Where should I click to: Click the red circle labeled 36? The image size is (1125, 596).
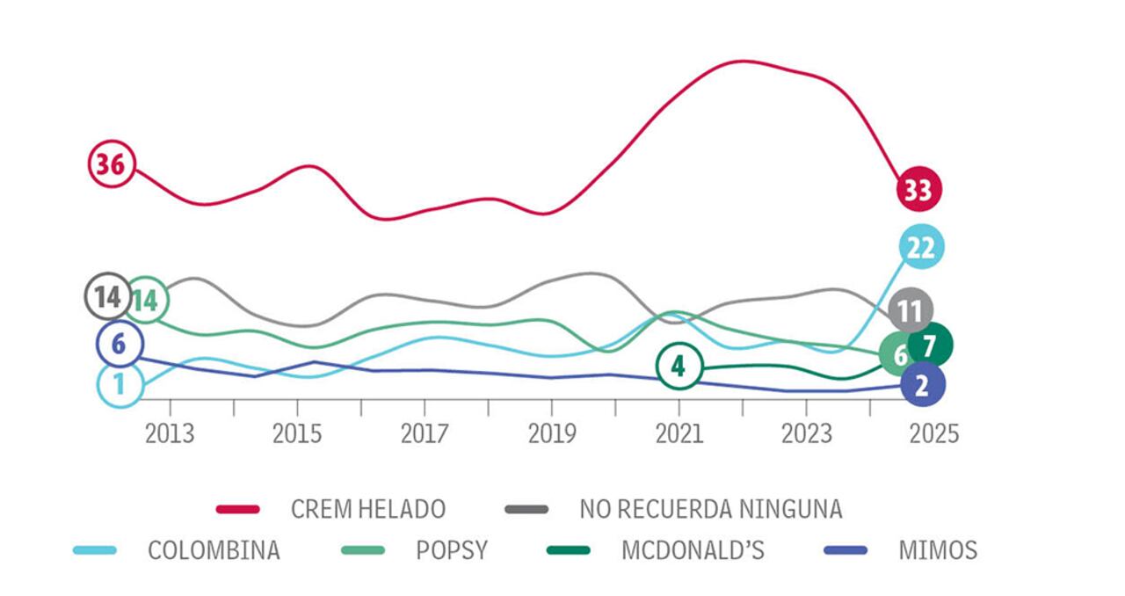(112, 164)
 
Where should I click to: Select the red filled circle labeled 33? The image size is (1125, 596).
(918, 189)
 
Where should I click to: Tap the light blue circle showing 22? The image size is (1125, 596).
(921, 248)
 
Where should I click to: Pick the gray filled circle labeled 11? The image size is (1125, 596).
(911, 310)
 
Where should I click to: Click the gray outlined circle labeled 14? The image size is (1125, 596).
(107, 296)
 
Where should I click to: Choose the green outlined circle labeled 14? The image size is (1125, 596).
(147, 301)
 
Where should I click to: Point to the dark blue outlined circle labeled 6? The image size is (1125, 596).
(120, 345)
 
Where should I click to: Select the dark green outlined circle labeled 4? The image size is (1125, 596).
(678, 366)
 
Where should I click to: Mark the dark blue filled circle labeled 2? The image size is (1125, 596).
(922, 384)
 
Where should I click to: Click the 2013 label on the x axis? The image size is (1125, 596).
(170, 434)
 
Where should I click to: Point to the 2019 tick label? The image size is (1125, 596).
(551, 434)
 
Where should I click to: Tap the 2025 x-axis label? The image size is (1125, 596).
(933, 434)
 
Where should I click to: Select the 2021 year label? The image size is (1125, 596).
(679, 434)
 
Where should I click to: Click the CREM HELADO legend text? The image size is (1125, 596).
(368, 508)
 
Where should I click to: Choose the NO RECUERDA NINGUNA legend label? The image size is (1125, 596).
(710, 508)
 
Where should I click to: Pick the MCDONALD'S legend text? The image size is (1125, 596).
(693, 550)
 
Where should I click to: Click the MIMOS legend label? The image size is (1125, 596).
(938, 550)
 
